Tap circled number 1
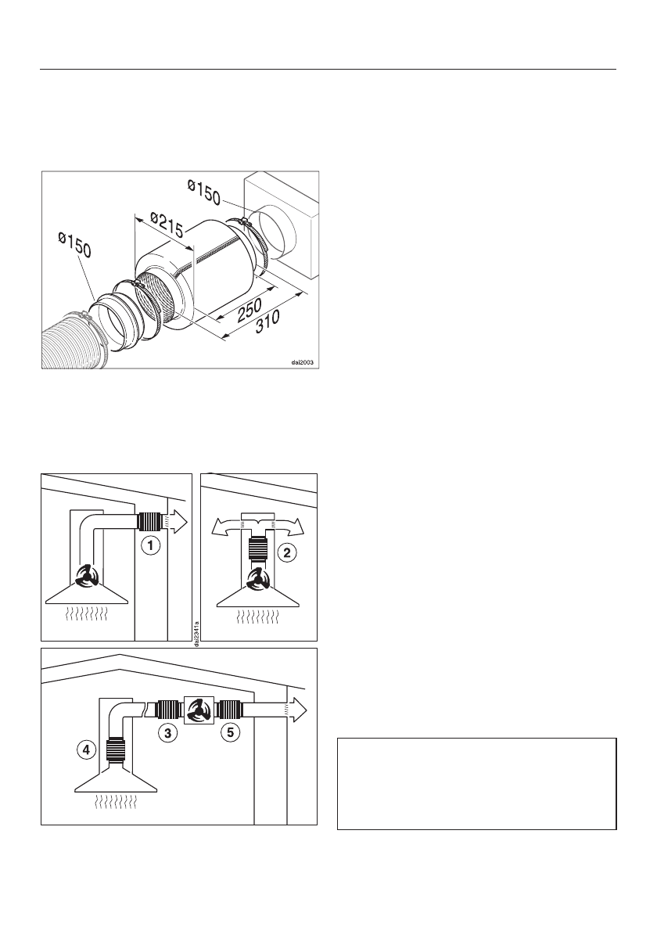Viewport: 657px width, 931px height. pos(150,545)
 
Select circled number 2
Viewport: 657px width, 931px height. pos(289,553)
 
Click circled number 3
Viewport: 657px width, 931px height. pos(167,734)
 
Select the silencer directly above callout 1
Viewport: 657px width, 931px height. pos(150,520)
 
